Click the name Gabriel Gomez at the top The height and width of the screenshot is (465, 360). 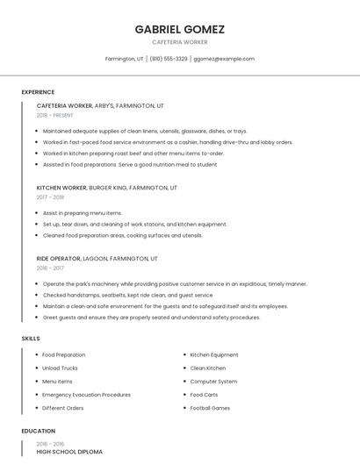tap(179, 29)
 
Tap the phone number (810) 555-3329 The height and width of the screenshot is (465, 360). tap(168, 59)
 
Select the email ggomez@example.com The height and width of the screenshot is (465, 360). tap(224, 59)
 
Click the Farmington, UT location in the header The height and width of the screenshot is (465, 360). tap(124, 59)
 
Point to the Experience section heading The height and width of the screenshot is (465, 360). tap(38, 92)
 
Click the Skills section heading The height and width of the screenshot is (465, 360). tap(30, 338)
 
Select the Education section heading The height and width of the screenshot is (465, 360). tap(38, 431)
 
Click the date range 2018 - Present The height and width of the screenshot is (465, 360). tap(54, 115)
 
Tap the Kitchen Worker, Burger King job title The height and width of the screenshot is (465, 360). tap(106, 188)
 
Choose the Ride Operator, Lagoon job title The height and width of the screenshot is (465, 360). tap(97, 259)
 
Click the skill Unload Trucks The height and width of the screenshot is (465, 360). tap(60, 368)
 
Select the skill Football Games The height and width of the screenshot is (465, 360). tap(210, 408)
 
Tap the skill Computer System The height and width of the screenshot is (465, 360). tap(213, 382)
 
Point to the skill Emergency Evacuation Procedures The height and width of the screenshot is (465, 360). tap(86, 395)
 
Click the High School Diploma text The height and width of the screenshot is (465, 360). tap(69, 452)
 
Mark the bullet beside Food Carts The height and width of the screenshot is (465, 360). tap(184, 395)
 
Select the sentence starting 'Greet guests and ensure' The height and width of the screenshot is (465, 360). tap(151, 318)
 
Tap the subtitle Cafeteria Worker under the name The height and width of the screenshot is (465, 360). tap(179, 42)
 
